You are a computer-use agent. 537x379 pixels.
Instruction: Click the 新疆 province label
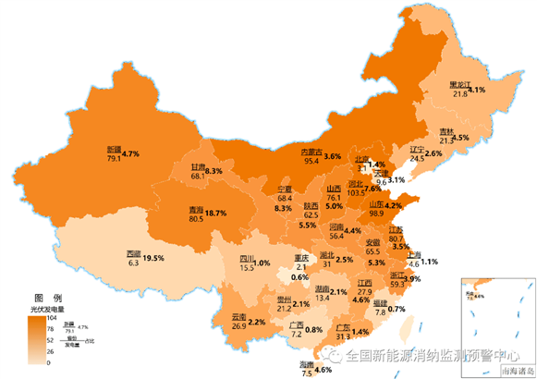click(x=114, y=149)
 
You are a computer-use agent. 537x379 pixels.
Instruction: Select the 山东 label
click(x=378, y=204)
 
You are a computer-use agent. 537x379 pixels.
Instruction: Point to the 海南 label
click(x=306, y=365)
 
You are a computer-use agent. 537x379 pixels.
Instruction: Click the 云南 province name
click(x=238, y=316)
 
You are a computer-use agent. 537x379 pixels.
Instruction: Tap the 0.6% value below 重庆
click(x=299, y=277)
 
